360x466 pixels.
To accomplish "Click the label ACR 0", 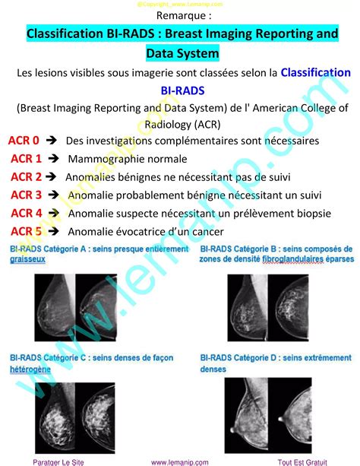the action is click(24, 141).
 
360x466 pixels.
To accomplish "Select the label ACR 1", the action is click(27, 159).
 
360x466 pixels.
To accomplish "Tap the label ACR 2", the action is click(27, 177).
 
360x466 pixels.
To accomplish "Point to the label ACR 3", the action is click(27, 195).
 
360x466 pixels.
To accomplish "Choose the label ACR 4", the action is click(27, 214).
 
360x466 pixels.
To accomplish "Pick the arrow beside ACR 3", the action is click(54, 195).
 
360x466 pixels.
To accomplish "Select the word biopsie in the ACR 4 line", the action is click(330, 214).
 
